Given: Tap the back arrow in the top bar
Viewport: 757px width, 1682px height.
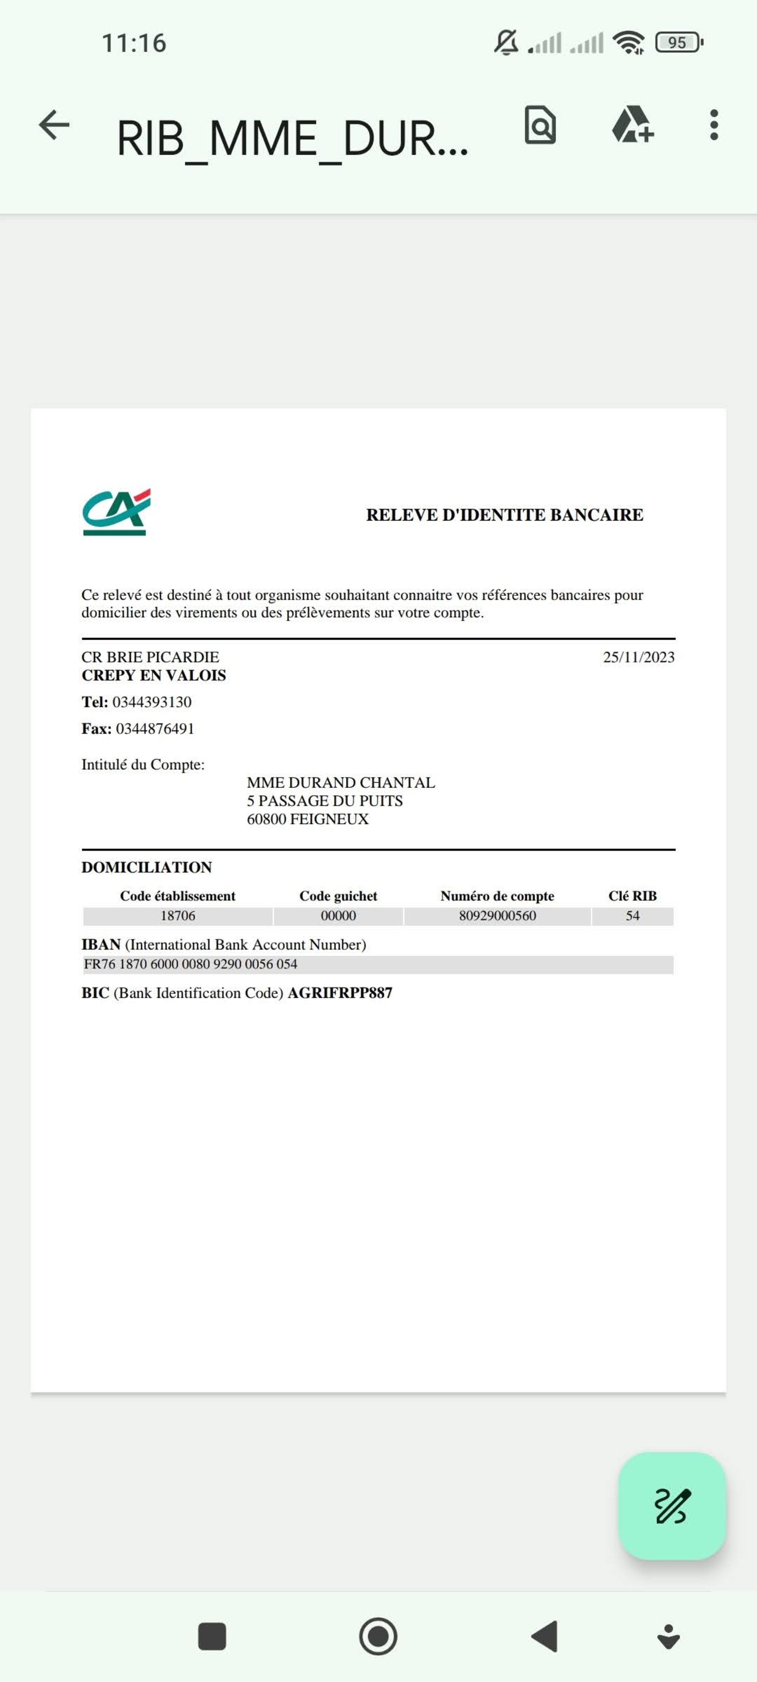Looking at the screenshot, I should (54, 125).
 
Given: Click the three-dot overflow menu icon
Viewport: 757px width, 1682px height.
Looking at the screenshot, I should (714, 125).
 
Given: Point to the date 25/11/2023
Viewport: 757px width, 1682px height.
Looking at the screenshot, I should (638, 657).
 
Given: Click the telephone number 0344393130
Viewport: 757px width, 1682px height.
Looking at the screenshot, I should (152, 702).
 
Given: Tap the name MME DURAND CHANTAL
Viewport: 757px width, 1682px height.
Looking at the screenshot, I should (340, 782).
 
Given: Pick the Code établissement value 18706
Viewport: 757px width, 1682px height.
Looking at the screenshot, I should (178, 916).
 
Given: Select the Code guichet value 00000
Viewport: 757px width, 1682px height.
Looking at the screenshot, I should (338, 916).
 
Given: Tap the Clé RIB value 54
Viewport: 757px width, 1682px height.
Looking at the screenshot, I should (632, 916).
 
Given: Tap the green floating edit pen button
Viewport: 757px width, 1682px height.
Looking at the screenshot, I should (671, 1506).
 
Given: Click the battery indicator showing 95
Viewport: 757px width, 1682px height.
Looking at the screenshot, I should (678, 42).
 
